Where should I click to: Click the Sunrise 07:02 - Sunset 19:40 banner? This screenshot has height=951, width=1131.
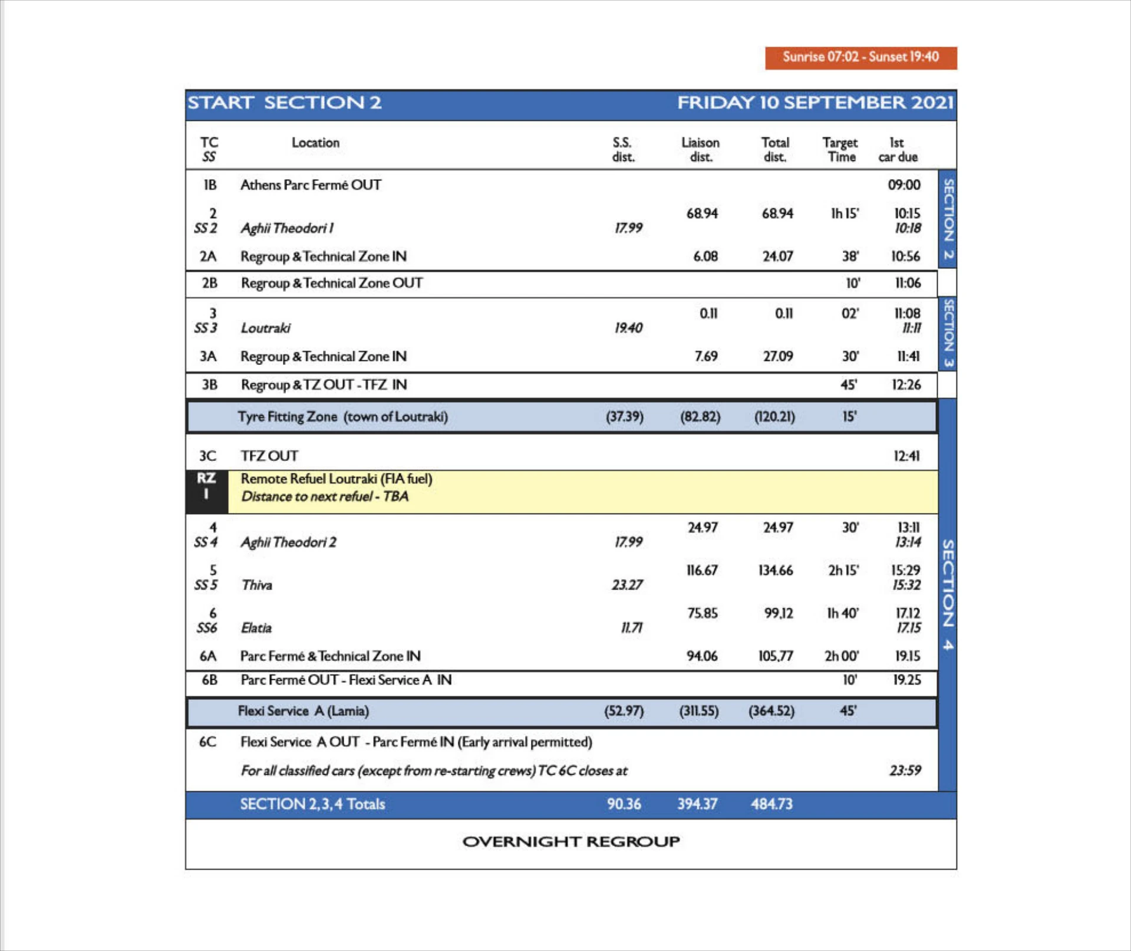860,57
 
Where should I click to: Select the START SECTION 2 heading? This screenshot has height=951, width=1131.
285,103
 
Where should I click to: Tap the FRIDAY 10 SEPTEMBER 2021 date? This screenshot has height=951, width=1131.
815,103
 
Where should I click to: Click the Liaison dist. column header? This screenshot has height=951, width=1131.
700,150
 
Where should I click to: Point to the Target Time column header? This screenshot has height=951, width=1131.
840,150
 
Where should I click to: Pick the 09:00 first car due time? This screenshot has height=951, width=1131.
904,185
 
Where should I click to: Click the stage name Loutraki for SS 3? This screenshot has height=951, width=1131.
265,328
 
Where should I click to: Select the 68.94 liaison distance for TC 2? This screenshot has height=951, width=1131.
702,213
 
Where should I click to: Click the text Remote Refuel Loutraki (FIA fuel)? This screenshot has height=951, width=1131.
337,479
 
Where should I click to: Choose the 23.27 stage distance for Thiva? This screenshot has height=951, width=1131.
627,585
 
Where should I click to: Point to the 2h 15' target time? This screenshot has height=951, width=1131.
843,570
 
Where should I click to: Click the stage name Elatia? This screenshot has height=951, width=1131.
256,628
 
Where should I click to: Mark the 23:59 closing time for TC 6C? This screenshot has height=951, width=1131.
905,771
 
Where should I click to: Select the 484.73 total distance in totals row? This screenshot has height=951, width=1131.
771,804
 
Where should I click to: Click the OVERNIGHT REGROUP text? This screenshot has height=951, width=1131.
571,841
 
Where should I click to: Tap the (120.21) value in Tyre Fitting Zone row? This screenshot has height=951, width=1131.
774,417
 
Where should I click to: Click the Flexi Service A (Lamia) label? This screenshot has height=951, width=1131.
303,711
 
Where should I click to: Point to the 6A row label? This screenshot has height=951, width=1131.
207,656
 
